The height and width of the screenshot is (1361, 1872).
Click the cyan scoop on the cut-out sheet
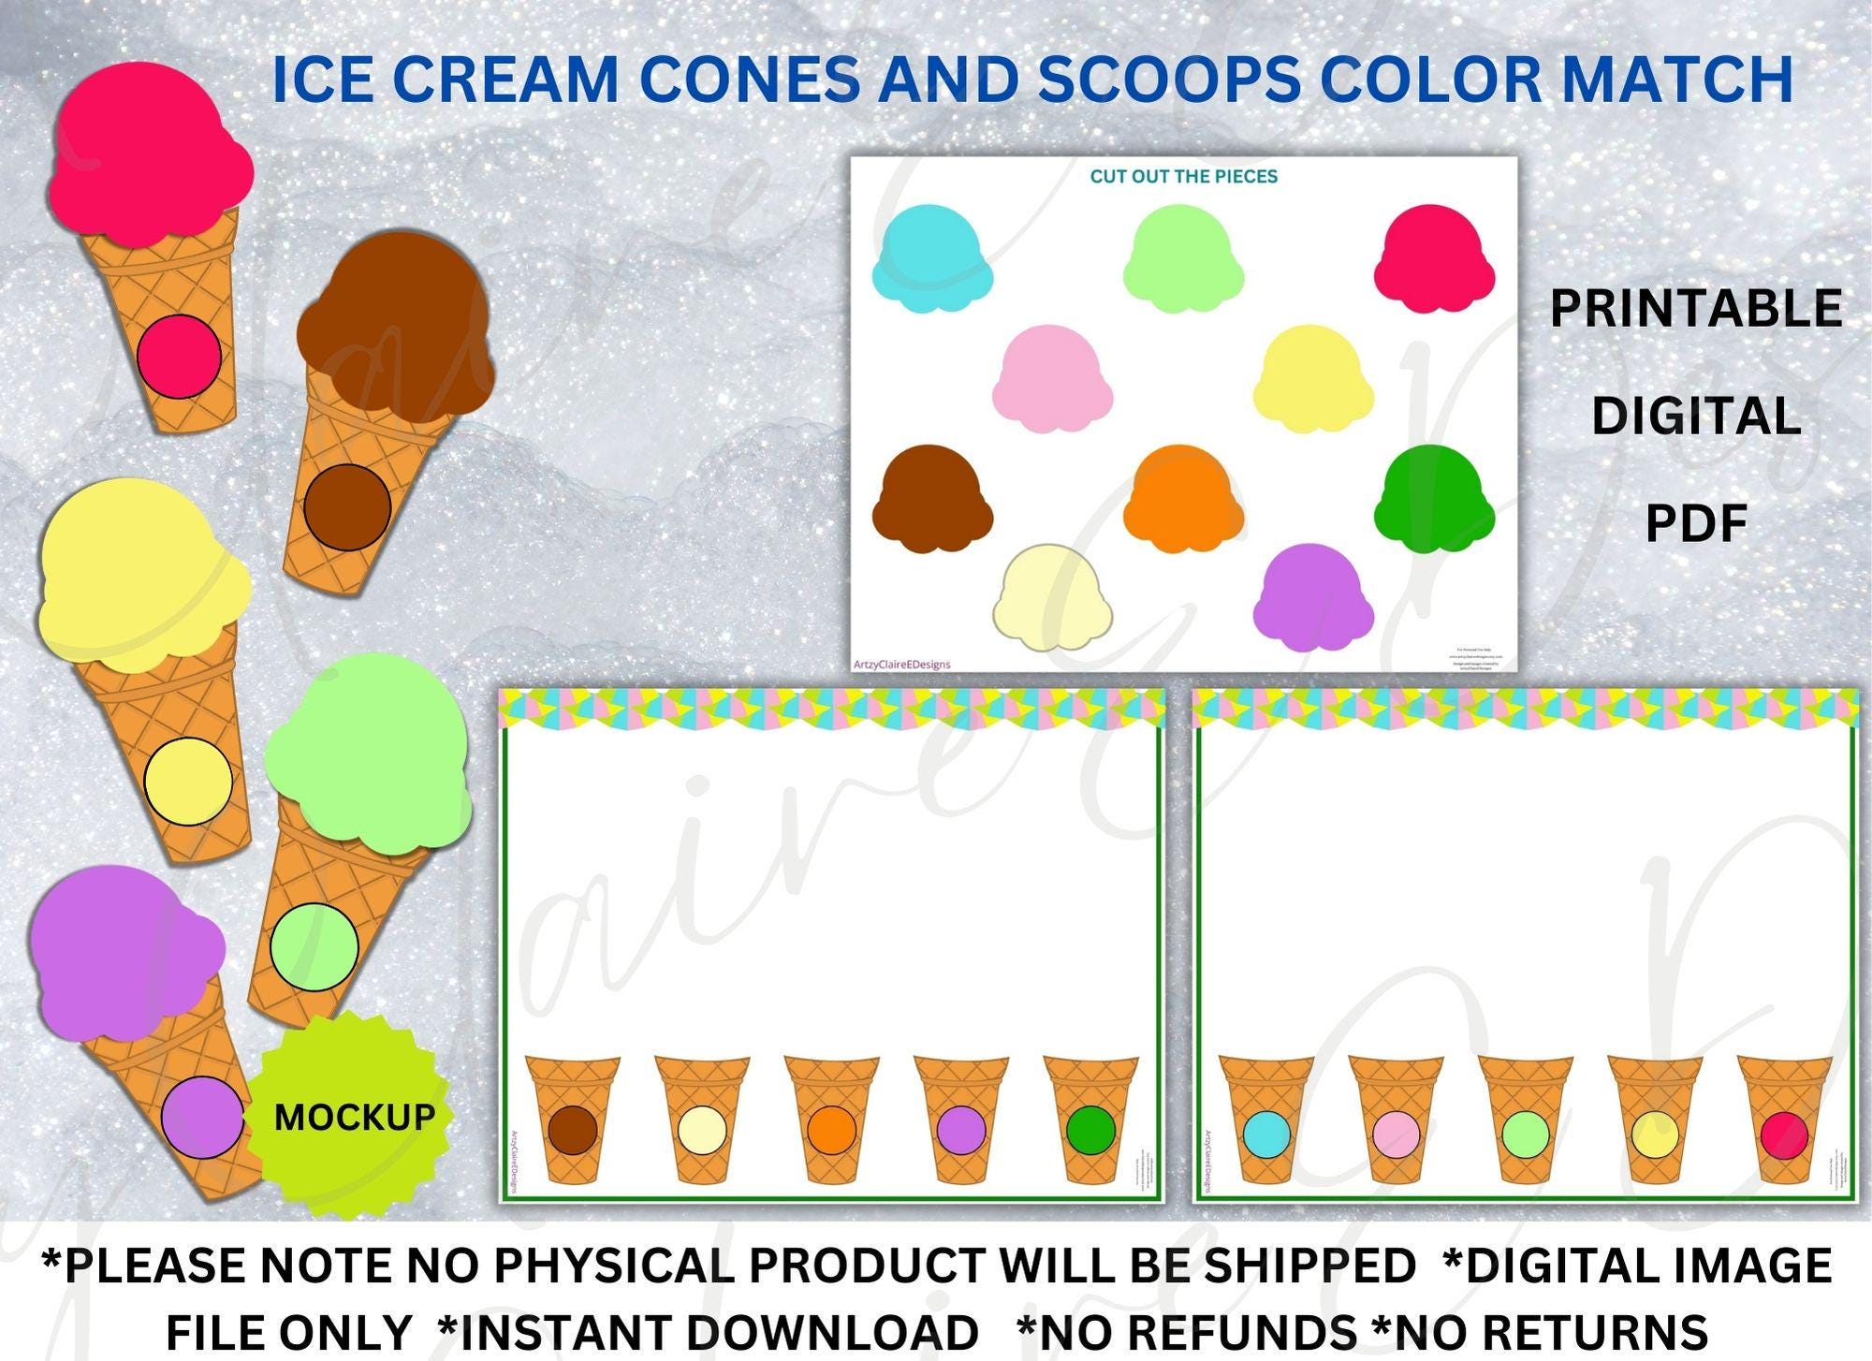point(931,257)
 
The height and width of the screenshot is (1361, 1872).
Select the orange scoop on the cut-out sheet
point(1183,498)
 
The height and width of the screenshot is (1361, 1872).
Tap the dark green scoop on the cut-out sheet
point(1433,498)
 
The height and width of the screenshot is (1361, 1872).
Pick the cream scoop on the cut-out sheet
point(1052,596)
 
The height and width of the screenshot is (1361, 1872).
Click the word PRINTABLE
point(1695,308)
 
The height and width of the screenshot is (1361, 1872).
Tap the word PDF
point(1696,524)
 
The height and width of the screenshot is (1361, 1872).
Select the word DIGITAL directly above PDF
point(1696,417)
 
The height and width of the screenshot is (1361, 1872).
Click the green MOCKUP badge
point(353,1116)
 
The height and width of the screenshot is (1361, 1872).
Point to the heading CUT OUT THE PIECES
point(1183,176)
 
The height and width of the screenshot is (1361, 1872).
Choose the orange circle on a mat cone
point(832,1130)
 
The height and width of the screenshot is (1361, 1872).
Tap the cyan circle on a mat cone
point(1266,1133)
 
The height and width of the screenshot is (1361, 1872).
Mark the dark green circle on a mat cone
point(1090,1130)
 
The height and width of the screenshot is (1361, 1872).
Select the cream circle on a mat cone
point(702,1130)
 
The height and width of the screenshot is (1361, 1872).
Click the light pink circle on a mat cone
point(1397,1133)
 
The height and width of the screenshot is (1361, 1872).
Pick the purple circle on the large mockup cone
point(202,1117)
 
